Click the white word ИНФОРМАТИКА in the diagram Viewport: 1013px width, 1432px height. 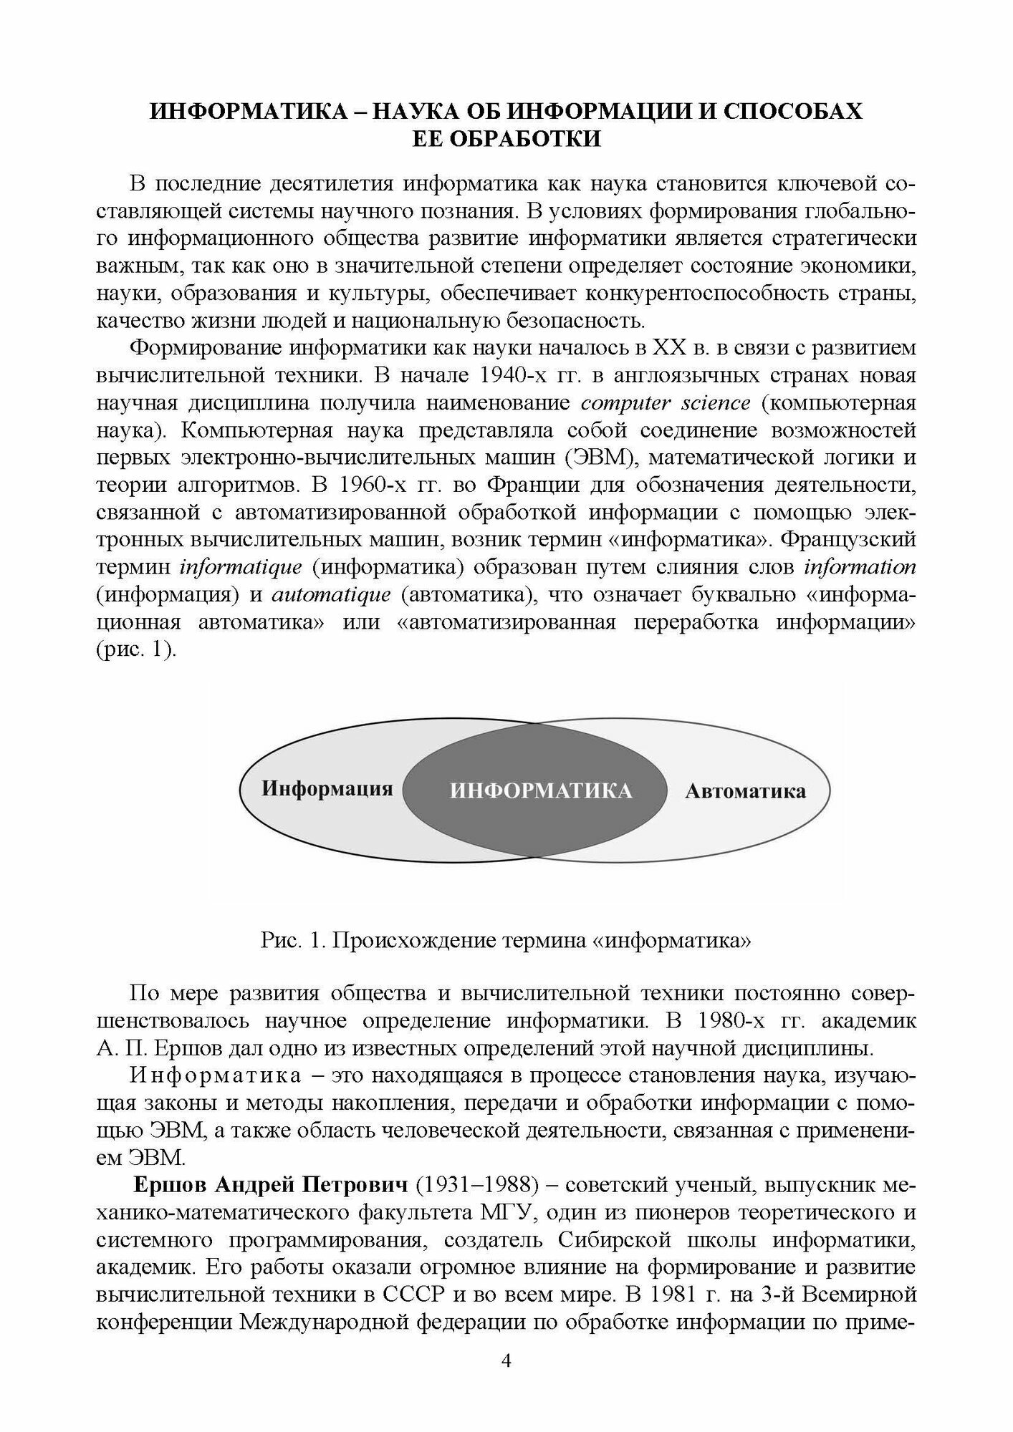point(541,790)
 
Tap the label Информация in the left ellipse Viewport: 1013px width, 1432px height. point(327,789)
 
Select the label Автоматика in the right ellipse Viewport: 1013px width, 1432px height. point(745,791)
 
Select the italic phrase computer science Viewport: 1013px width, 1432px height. point(666,403)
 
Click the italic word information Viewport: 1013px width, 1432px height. point(860,568)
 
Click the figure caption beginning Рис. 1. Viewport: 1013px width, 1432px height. point(506,941)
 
